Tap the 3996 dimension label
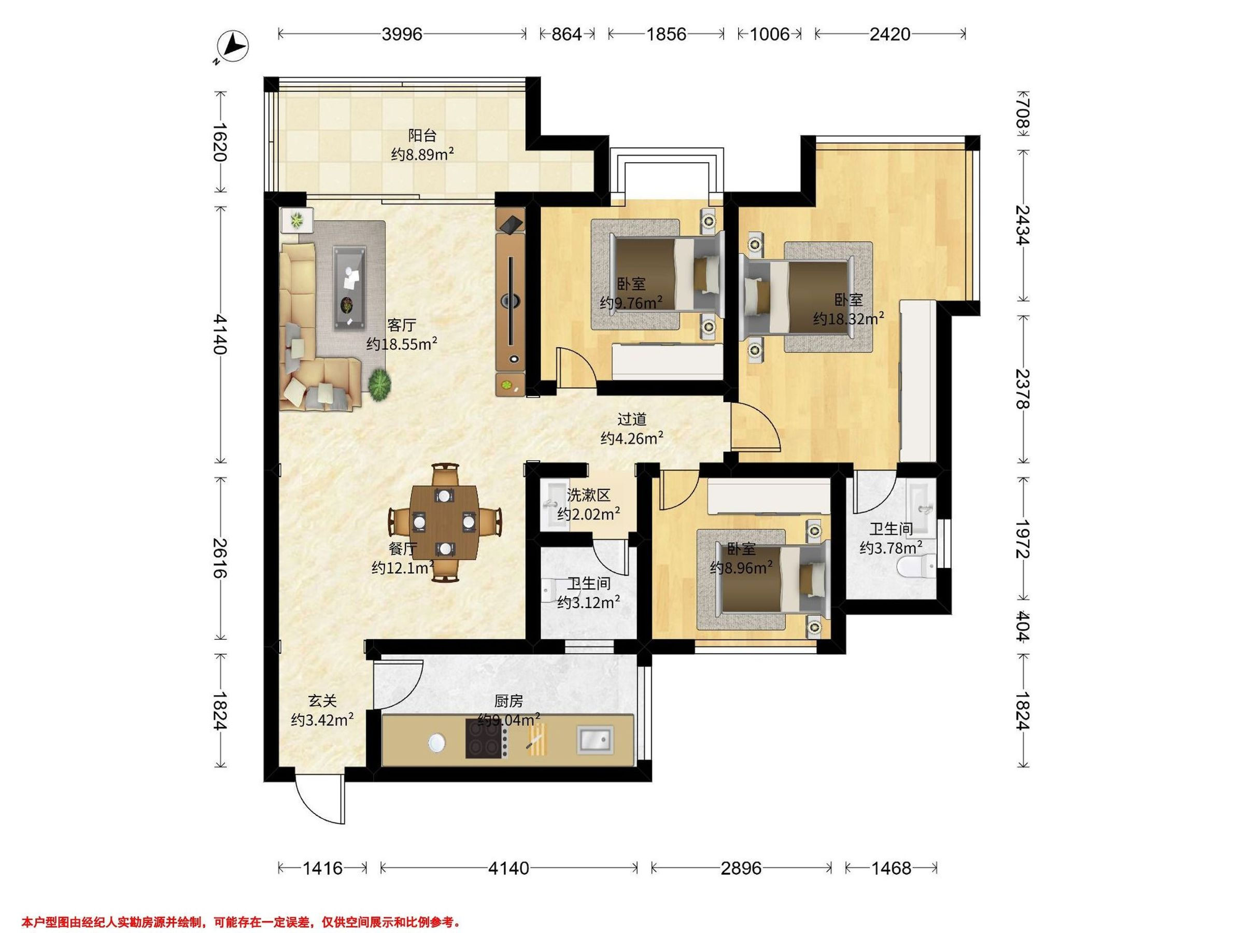[402, 34]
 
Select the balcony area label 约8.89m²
[422, 154]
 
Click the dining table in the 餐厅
[445, 522]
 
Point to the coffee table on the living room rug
[351, 287]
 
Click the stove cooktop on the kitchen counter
[484, 740]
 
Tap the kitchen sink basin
[595, 740]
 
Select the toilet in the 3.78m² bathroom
[916, 567]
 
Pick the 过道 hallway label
[631, 419]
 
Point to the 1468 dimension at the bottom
[891, 868]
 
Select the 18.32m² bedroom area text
[849, 319]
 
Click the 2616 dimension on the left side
[220, 558]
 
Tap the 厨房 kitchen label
[508, 701]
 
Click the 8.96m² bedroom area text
[741, 569]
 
